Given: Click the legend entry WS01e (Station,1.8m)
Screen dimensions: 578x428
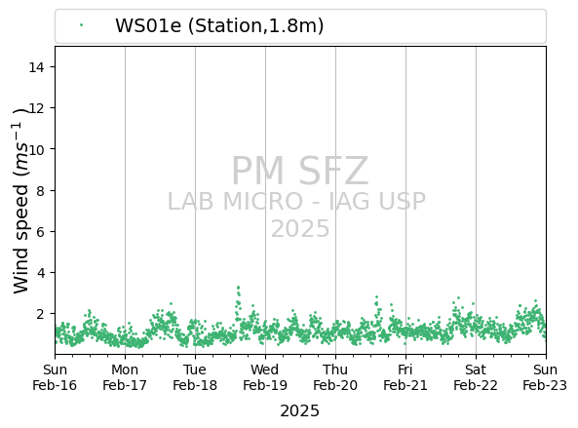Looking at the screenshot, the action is pyautogui.click(x=219, y=25).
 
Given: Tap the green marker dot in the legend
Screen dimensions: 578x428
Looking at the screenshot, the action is pyautogui.click(x=81, y=25).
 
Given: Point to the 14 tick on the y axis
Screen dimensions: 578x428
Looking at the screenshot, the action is pyautogui.click(x=36, y=67).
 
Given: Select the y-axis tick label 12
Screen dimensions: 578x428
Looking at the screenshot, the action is pyautogui.click(x=36, y=108).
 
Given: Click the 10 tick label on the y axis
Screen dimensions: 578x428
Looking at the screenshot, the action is pyautogui.click(x=36, y=149).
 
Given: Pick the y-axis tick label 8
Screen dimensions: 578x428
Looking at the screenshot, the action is pyautogui.click(x=40, y=190).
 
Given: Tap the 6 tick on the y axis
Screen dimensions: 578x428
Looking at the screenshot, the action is pyautogui.click(x=40, y=231).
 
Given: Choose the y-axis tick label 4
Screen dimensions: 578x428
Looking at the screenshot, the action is pyautogui.click(x=40, y=273).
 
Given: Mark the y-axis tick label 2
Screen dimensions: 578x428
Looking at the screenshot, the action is pyautogui.click(x=40, y=314).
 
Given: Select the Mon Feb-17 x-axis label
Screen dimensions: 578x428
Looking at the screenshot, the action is pyautogui.click(x=125, y=377).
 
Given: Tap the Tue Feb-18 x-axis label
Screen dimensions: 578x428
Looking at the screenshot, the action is pyautogui.click(x=195, y=377).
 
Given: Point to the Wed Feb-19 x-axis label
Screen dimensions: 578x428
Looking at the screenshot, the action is pyautogui.click(x=265, y=377).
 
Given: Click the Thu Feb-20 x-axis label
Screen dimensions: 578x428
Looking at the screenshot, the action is pyautogui.click(x=335, y=377).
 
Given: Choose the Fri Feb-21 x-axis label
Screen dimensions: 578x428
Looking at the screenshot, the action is pyautogui.click(x=405, y=377).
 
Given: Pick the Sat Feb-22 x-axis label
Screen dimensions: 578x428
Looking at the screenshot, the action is pyautogui.click(x=476, y=377).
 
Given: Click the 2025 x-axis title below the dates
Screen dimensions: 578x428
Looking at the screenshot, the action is pyautogui.click(x=299, y=411).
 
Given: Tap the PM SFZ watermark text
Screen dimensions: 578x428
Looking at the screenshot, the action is pyautogui.click(x=300, y=171).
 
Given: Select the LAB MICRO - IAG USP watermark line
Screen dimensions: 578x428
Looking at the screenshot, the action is pyautogui.click(x=296, y=202).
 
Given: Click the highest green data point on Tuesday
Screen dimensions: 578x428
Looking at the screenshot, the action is pyautogui.click(x=238, y=288).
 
